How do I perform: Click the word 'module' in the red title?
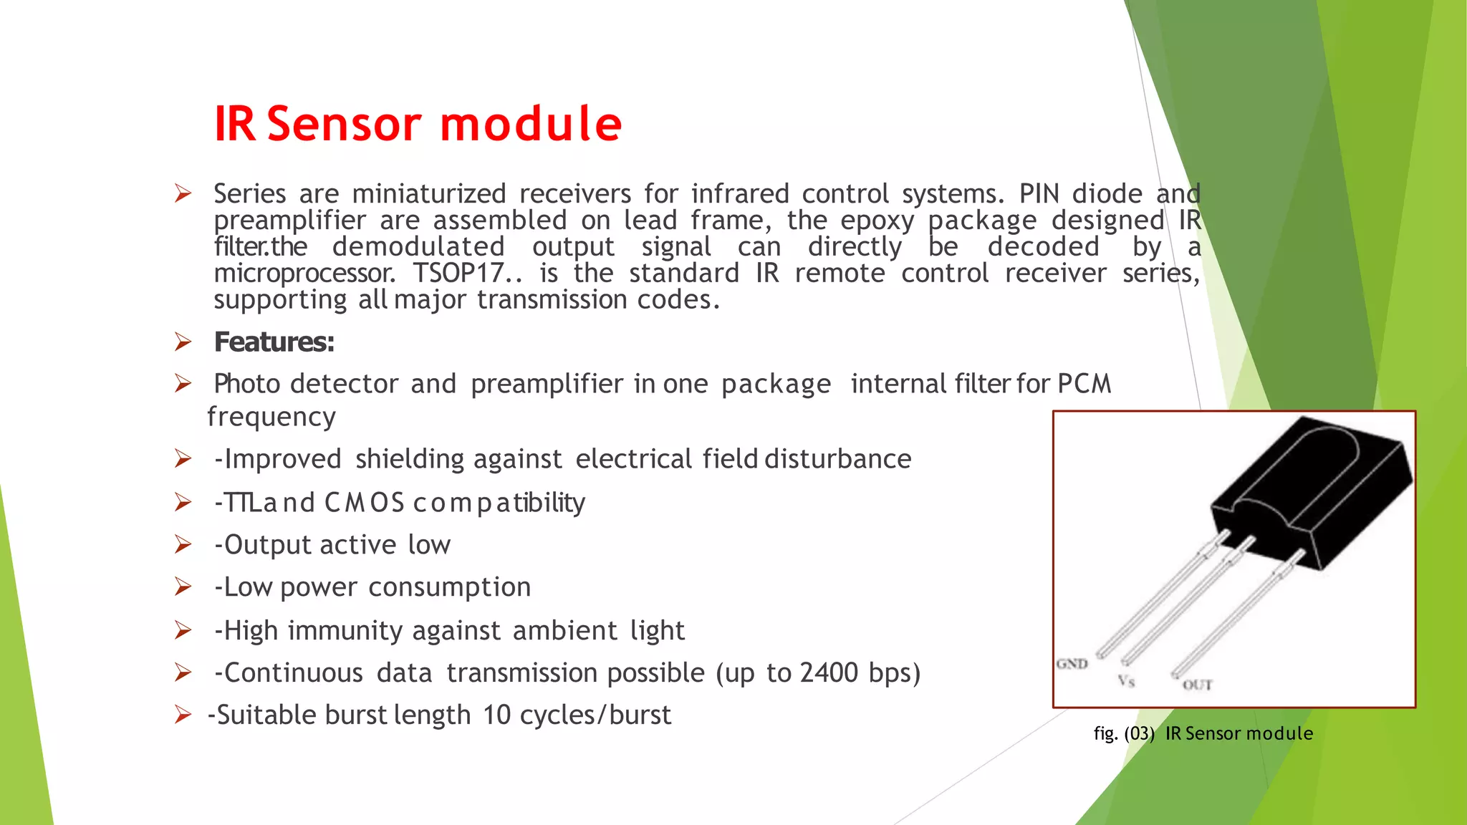tap(531, 124)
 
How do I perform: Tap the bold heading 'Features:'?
tap(274, 342)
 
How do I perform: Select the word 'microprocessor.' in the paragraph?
tap(304, 274)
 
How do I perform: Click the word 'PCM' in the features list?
tap(1084, 384)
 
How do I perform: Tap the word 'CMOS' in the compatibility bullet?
tap(365, 503)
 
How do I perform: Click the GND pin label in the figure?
tap(1072, 664)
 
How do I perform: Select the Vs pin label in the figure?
tap(1126, 681)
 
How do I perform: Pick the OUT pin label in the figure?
tap(1197, 685)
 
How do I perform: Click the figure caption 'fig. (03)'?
tap(1124, 733)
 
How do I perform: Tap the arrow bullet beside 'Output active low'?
tap(183, 545)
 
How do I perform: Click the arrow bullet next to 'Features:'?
tap(183, 342)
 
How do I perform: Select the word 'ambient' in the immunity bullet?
tap(564, 631)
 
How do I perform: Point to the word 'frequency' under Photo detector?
tap(271, 417)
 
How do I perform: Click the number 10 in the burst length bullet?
tap(496, 715)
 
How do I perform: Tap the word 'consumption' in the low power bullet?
tap(450, 587)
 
